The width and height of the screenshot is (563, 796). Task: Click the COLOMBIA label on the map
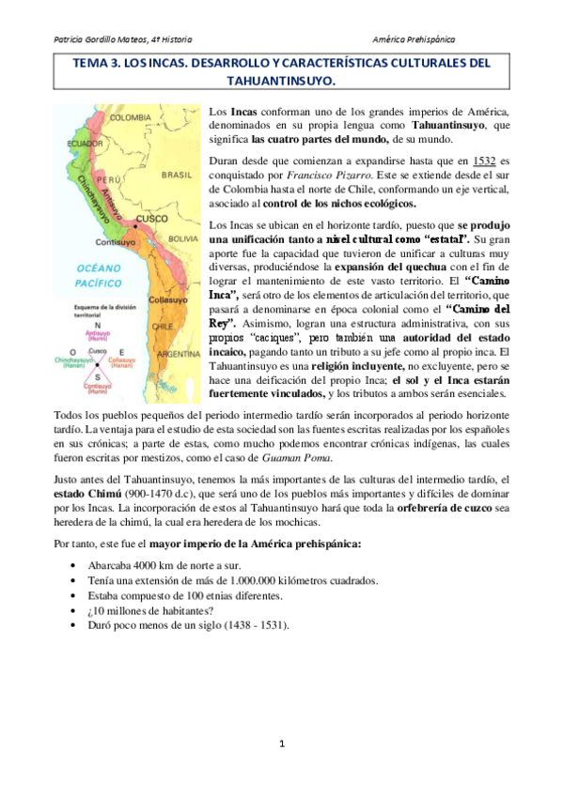[131, 118]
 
